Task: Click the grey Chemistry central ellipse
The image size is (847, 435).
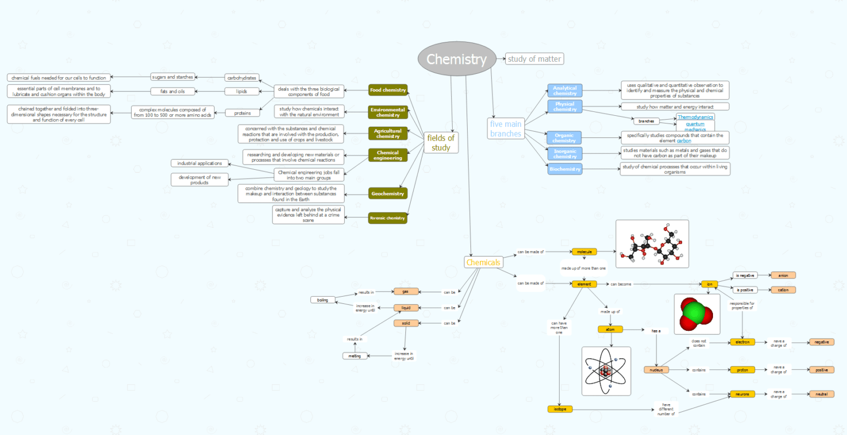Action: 457,59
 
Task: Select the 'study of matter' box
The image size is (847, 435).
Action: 534,59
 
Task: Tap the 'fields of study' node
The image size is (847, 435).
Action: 441,143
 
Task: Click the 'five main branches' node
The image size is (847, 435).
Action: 506,128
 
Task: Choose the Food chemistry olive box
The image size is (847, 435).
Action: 388,90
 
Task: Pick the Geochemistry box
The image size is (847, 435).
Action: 388,194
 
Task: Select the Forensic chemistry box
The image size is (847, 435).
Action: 388,218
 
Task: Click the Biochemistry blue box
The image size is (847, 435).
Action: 565,169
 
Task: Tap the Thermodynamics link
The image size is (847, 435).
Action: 695,117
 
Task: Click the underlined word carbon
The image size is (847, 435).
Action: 684,141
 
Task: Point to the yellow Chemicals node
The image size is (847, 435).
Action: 483,262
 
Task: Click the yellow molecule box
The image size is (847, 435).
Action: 584,252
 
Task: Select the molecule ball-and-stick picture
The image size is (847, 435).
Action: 652,244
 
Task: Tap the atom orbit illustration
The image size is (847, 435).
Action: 606,371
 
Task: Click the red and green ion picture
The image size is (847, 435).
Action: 696,314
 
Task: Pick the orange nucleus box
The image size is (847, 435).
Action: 656,370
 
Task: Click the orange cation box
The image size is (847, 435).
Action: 783,290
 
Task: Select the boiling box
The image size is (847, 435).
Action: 323,300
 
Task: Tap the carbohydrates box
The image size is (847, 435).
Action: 242,78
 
